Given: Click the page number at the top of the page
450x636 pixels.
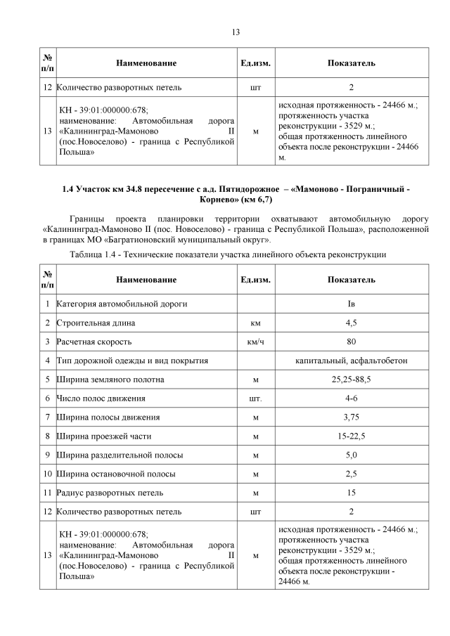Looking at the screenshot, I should [x=236, y=31].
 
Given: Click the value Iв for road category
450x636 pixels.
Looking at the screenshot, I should [x=351, y=304].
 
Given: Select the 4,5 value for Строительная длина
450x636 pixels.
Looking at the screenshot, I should [x=351, y=323].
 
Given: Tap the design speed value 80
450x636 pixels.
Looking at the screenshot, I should [x=351, y=342].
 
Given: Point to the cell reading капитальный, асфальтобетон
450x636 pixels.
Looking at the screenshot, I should [x=351, y=361].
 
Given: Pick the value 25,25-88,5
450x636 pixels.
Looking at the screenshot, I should [x=351, y=379].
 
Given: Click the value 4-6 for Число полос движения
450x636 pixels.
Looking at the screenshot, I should [x=351, y=398].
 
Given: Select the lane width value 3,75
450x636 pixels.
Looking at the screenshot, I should [x=351, y=417].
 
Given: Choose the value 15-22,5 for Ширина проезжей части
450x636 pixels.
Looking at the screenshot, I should [x=351, y=436].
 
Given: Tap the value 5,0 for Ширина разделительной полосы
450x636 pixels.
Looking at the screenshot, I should [x=351, y=455].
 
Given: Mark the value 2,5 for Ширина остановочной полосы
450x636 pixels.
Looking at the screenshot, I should [x=351, y=474].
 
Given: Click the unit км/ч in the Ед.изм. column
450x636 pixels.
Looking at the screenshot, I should [x=255, y=342].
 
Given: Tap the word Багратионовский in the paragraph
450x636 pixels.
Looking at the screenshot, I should [x=145, y=240].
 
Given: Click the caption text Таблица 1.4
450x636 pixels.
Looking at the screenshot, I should [x=96, y=254].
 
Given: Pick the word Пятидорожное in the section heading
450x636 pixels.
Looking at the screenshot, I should [x=247, y=189].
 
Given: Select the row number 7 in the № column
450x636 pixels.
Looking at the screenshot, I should [x=46, y=417].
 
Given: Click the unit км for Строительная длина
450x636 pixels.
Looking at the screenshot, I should [x=255, y=323].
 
